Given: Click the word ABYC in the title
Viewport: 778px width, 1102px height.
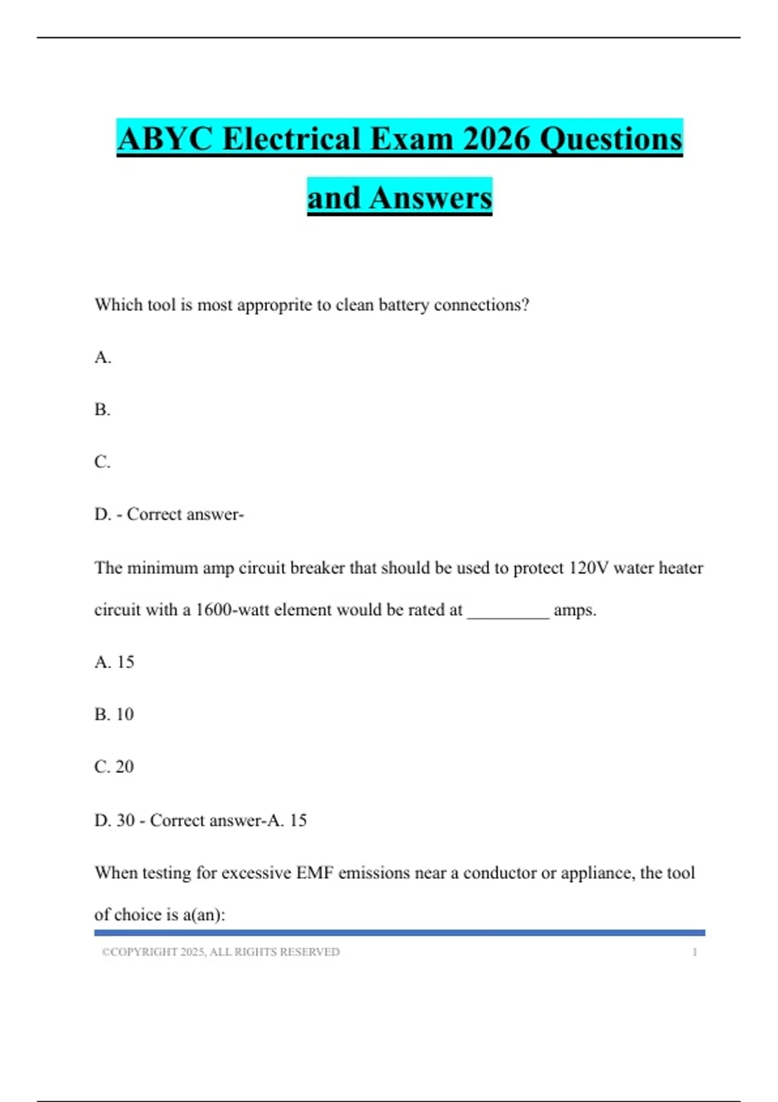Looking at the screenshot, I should [165, 139].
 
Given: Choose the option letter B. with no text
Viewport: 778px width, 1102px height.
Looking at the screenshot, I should [102, 410].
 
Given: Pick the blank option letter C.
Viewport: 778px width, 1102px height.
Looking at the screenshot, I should [102, 462].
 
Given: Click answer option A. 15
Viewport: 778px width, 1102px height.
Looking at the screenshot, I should [114, 662].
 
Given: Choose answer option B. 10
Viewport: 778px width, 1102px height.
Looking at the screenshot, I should [114, 714].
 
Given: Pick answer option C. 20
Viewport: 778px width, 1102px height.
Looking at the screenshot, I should [114, 767].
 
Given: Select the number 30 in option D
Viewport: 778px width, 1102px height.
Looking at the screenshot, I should [125, 820].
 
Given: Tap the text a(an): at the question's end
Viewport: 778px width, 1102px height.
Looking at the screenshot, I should [204, 915].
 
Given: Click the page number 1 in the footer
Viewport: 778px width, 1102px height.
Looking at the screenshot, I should [694, 952].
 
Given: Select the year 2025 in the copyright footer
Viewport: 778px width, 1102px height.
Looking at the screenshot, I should [193, 952].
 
